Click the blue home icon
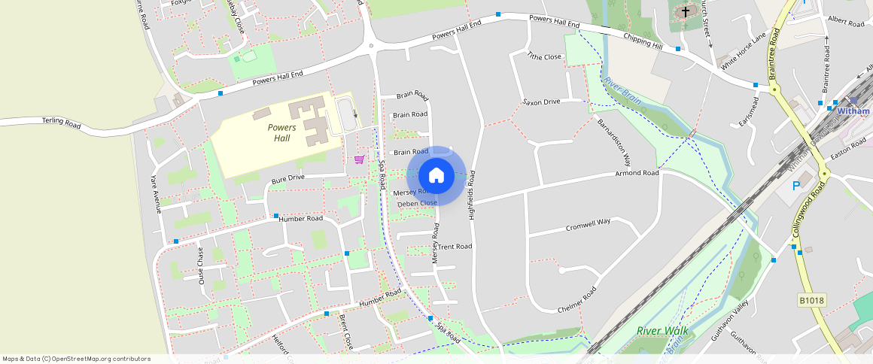pos(436,175)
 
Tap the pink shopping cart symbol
pos(359,159)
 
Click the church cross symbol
pos(686,11)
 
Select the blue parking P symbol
pos(795,186)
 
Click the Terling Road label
pos(61,122)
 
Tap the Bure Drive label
pos(287,179)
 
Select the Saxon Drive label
pos(542,102)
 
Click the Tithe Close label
pos(544,56)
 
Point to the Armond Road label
pos(637,174)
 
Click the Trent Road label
pos(455,247)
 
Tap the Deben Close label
pos(417,203)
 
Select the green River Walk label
pos(662,330)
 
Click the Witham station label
pos(853,111)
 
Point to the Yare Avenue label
pos(156,194)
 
